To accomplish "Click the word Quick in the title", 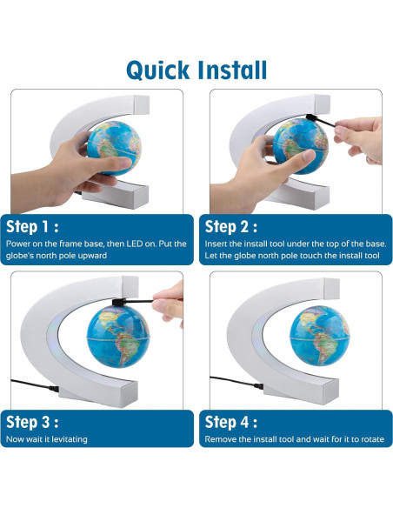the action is coord(158,70).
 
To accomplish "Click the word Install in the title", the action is coord(232,70).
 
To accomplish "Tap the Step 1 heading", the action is coord(32,227).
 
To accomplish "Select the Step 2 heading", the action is coord(231,227).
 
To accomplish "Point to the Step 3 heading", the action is coord(32,422).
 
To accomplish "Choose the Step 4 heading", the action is coord(231,422).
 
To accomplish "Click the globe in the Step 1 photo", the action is coord(114,148).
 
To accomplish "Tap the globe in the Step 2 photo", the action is coord(301,146).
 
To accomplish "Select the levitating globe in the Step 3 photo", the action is coord(118,337).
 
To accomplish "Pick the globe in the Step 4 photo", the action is coord(320,336).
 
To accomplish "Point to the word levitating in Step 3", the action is coord(70,439).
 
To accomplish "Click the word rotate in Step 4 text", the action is coord(372,439).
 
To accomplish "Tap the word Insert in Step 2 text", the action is coord(215,244).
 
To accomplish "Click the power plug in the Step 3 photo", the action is coord(53,389).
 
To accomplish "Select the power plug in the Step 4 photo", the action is coord(258,386).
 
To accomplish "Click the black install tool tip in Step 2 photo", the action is coord(310,117).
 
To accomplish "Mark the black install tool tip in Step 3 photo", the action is coord(117,302).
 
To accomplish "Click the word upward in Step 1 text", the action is coord(92,256).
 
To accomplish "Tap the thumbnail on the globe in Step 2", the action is coord(308,155).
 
